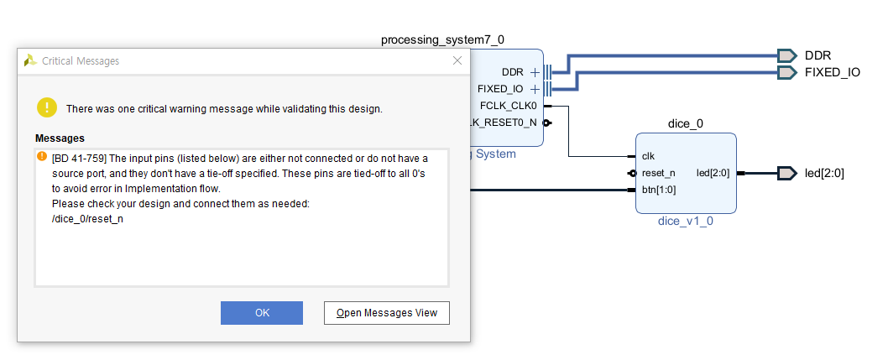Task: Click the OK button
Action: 261,313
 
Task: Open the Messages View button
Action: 387,313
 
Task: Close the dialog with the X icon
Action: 457,60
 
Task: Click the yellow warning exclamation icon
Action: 47,107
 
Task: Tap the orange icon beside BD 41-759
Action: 40,157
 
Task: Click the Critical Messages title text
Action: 81,61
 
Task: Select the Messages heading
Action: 60,138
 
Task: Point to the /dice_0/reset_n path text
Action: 87,219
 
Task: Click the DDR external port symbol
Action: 786,55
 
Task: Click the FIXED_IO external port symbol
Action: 786,72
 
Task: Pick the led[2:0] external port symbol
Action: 786,173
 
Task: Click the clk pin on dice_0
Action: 648,156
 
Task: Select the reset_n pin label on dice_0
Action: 658,173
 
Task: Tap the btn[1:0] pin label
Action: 659,190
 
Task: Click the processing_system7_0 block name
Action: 442,39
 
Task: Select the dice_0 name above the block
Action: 685,124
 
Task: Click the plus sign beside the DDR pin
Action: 534,72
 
